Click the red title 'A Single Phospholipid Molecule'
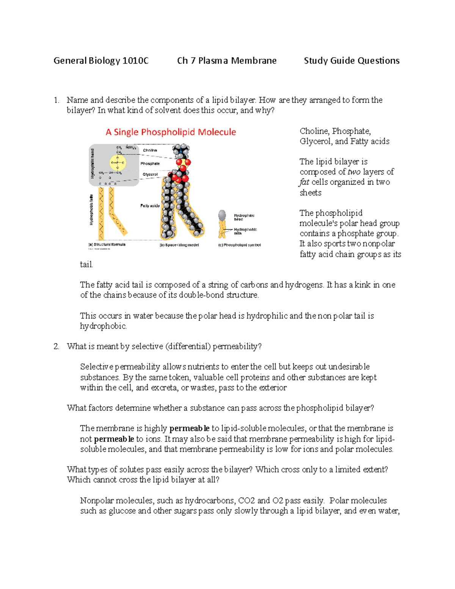(x=171, y=132)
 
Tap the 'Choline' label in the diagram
(x=150, y=150)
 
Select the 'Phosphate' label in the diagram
(x=150, y=163)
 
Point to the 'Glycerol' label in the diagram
(x=150, y=174)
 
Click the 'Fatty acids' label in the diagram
(x=150, y=206)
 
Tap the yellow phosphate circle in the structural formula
(x=118, y=163)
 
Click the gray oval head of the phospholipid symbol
(x=222, y=215)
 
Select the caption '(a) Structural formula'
(x=107, y=245)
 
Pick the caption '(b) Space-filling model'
(x=179, y=245)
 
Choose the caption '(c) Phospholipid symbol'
(x=239, y=245)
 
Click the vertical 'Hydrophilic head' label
(x=92, y=163)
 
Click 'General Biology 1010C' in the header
(x=101, y=61)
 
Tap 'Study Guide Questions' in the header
(x=351, y=61)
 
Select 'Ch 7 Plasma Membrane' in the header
(x=227, y=61)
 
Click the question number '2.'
(x=56, y=346)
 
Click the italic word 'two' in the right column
(x=354, y=172)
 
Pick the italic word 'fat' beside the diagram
(x=304, y=182)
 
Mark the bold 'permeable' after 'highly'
(x=189, y=429)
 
